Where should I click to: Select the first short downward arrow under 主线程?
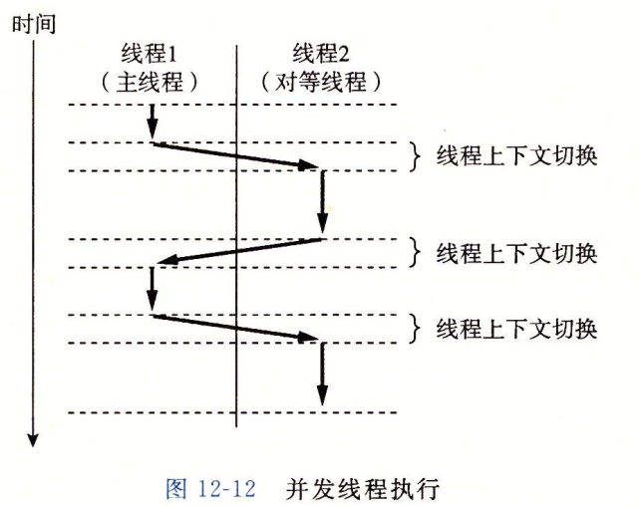tap(153, 123)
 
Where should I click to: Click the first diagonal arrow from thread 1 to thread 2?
tap(237, 155)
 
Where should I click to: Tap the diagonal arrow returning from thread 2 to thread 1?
tap(237, 253)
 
